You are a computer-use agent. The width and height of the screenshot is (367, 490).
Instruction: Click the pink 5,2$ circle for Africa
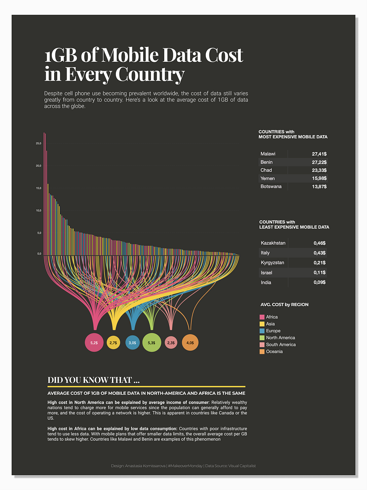94,343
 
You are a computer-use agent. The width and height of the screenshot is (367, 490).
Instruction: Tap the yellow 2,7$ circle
113,343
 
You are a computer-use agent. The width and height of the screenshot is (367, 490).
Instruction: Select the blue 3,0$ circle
132,343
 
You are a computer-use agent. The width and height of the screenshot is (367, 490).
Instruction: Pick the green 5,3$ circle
151,343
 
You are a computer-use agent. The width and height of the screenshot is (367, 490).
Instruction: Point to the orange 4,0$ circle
190,343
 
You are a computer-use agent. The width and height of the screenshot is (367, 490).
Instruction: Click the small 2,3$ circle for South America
171,343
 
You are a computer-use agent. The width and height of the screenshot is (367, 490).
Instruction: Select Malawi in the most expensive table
268,154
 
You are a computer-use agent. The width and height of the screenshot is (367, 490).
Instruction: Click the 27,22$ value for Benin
319,162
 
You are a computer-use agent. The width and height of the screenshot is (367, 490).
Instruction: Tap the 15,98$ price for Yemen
319,178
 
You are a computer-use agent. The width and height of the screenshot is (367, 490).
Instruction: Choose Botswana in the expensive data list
271,186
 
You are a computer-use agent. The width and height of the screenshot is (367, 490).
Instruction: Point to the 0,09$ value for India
319,282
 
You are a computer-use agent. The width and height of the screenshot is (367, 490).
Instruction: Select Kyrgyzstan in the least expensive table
273,263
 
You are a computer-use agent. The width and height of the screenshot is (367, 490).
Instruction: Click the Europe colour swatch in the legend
262,331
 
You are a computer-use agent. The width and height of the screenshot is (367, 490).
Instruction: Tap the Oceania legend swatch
262,352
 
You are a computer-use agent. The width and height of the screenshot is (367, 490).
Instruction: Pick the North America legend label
280,338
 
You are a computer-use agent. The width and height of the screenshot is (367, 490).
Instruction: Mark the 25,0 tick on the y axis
38,143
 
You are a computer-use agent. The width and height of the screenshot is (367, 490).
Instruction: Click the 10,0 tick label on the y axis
38,210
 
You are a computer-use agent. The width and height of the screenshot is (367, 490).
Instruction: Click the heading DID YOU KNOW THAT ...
94,380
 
